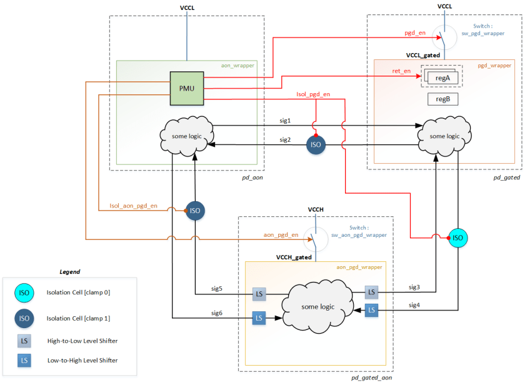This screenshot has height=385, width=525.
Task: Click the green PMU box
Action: click(187, 88)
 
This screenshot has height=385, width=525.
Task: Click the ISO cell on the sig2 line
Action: click(316, 144)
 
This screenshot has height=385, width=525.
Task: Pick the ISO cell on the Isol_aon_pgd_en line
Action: click(195, 211)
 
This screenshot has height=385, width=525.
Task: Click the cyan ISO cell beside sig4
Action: click(458, 237)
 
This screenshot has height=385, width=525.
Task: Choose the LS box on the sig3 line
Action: click(372, 292)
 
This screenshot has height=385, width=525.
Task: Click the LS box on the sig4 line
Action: click(372, 309)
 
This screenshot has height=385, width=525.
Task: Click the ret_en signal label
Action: click(401, 71)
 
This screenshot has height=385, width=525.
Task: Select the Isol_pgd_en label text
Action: click(313, 94)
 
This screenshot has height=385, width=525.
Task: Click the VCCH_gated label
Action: click(294, 257)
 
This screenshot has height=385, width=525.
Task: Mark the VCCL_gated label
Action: click(422, 55)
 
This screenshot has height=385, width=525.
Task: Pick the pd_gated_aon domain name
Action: click(371, 377)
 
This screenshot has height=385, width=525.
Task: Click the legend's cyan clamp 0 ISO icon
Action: click(24, 292)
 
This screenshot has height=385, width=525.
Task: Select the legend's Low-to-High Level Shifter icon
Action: click(24, 361)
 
